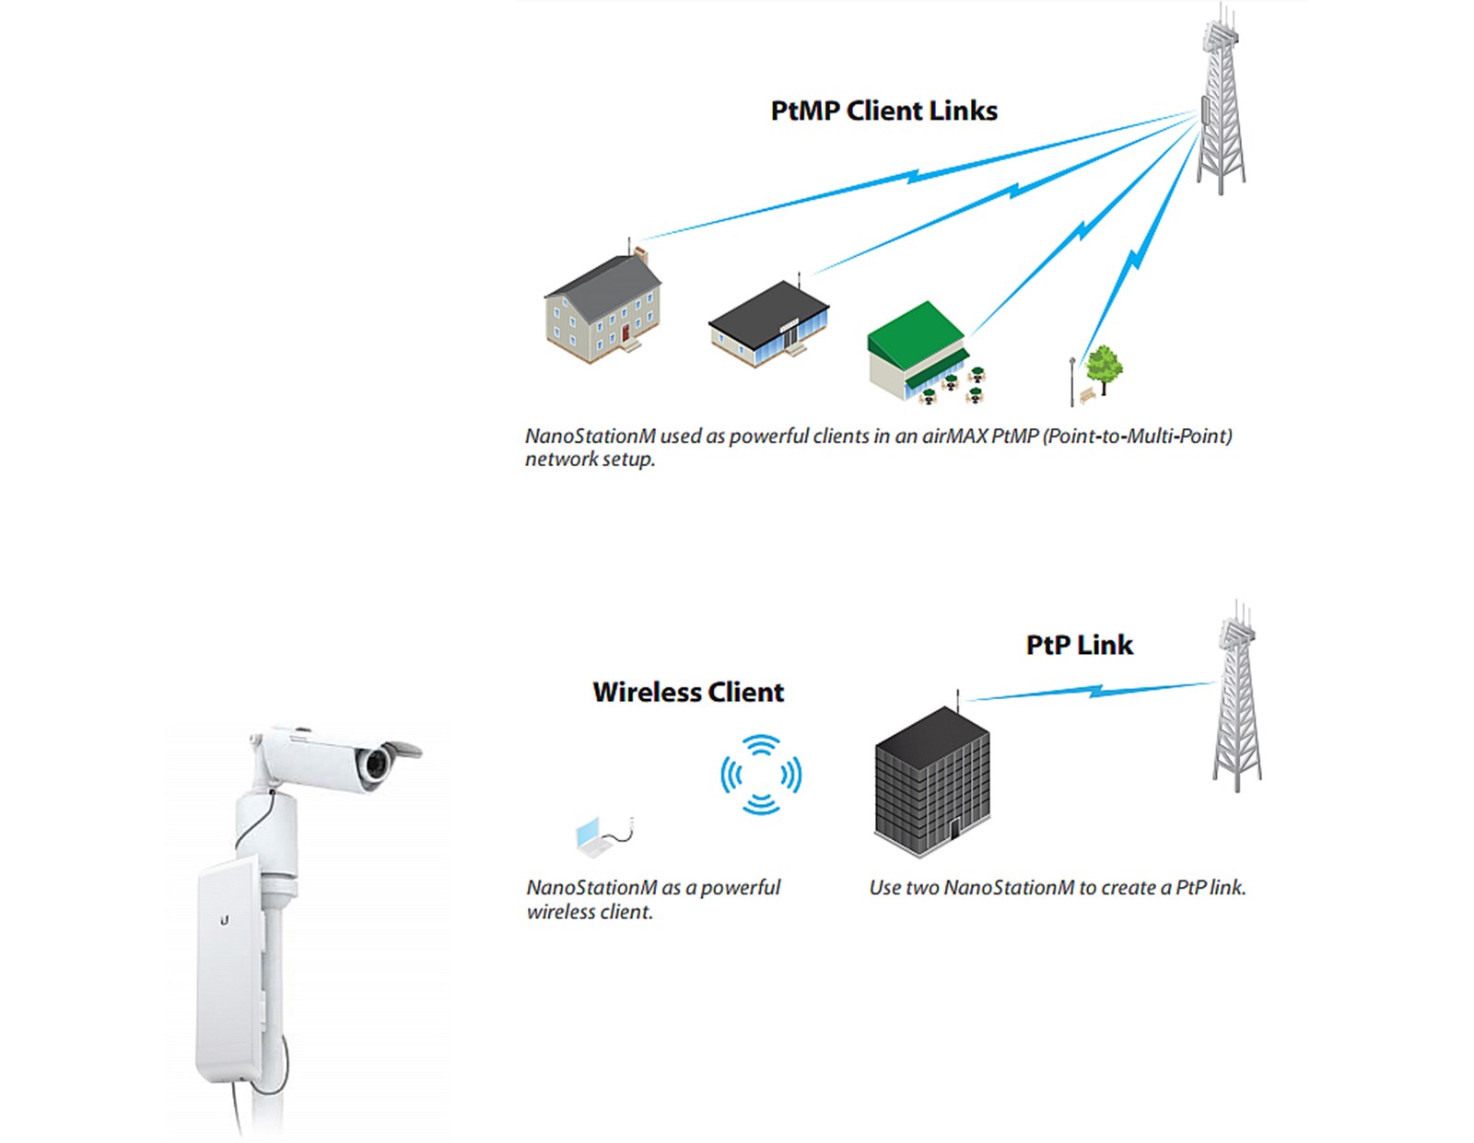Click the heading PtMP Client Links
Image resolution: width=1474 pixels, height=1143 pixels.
[883, 111]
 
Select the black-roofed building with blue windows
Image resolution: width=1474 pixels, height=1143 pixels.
[769, 324]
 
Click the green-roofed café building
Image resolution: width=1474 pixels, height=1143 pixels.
[917, 350]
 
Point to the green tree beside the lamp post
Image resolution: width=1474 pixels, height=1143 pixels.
[1103, 367]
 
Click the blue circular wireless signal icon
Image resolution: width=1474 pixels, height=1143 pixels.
[761, 775]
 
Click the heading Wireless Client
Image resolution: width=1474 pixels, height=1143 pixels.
[688, 692]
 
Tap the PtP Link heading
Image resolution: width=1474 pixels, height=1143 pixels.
[1079, 645]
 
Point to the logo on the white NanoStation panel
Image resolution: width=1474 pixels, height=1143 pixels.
[225, 919]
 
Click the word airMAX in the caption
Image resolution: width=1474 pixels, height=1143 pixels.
[955, 436]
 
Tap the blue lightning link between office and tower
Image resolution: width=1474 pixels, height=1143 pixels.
[1092, 691]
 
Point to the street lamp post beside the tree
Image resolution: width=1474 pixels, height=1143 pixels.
[1071, 381]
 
